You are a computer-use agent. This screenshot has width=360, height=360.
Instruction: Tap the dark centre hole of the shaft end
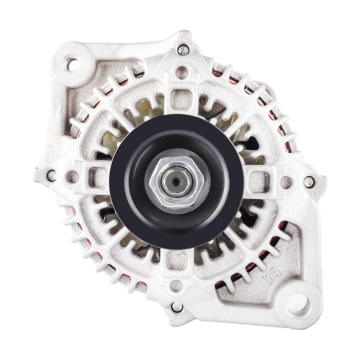pyautogui.click(x=177, y=181)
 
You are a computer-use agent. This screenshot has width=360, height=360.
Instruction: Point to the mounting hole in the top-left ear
pyautogui.click(x=72, y=64)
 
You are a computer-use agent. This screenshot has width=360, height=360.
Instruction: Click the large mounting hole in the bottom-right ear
pyautogui.click(x=298, y=302)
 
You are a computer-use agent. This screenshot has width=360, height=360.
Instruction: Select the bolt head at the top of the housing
pyautogui.click(x=183, y=50)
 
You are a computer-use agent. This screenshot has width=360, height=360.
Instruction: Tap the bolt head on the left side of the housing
pyautogui.click(x=51, y=175)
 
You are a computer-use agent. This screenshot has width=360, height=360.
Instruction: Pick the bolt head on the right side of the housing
pyautogui.click(x=309, y=182)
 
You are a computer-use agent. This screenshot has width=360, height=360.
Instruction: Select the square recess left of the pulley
pyautogui.click(x=96, y=176)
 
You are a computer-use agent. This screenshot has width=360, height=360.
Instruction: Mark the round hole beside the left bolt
pyautogui.click(x=73, y=176)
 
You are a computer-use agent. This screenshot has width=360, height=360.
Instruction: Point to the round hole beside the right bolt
pyautogui.click(x=285, y=182)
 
